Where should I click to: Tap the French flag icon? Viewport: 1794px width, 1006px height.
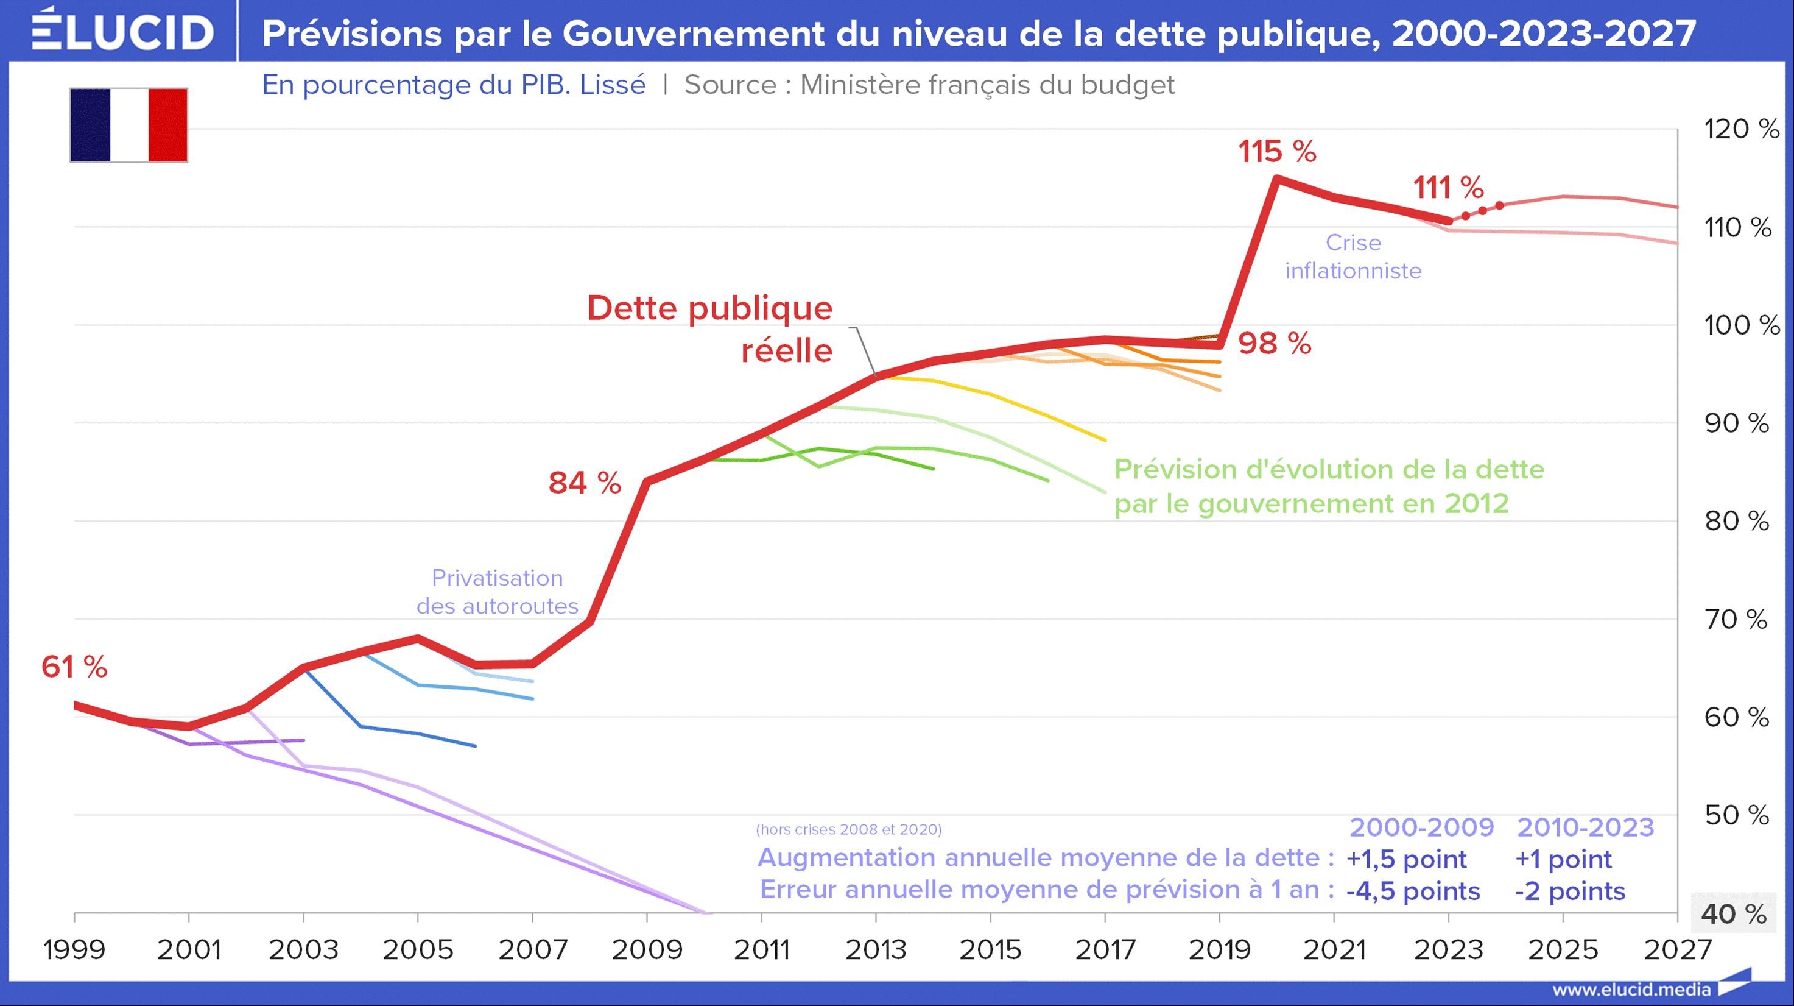click(x=129, y=126)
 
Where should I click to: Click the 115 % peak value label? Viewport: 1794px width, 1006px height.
click(x=1276, y=152)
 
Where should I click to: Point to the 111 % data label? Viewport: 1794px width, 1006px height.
click(x=1449, y=188)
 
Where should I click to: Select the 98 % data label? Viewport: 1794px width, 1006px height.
click(x=1275, y=344)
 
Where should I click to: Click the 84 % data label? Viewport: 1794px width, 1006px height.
click(x=585, y=483)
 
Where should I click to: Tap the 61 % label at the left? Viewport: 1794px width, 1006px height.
click(x=74, y=667)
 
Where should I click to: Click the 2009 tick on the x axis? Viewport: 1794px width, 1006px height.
click(x=647, y=949)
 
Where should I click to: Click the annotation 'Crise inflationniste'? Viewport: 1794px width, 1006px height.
click(x=1353, y=257)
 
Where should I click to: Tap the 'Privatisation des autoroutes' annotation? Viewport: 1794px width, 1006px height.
click(x=498, y=592)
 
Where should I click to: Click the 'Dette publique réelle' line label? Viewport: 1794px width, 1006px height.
click(x=711, y=329)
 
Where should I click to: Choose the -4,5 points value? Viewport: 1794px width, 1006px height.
click(x=1413, y=891)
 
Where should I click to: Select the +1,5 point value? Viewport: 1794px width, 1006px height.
click(x=1406, y=859)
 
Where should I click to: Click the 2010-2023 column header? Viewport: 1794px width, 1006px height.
click(x=1585, y=827)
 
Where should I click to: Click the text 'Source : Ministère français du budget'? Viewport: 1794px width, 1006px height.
click(x=929, y=85)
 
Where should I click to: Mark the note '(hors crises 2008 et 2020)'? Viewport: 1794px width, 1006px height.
click(x=848, y=829)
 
